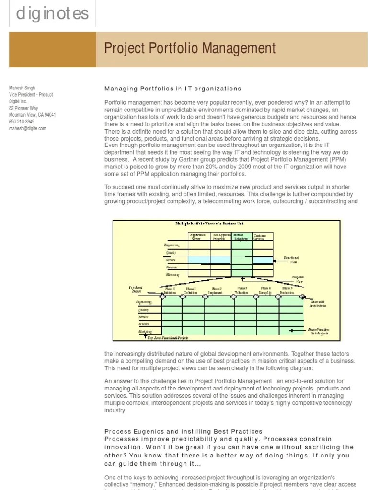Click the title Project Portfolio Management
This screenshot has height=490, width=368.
click(x=190, y=48)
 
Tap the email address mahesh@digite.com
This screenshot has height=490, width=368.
click(x=28, y=128)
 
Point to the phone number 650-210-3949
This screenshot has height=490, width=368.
click(x=22, y=122)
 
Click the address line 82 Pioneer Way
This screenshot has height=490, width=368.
click(x=24, y=108)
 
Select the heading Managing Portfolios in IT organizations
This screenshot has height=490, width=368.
click(x=173, y=89)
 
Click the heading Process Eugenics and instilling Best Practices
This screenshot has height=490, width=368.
click(x=184, y=432)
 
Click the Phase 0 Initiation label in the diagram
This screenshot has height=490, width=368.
click(x=170, y=290)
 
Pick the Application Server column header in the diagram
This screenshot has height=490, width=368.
click(x=198, y=236)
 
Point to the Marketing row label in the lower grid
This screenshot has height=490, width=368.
click(x=146, y=331)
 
